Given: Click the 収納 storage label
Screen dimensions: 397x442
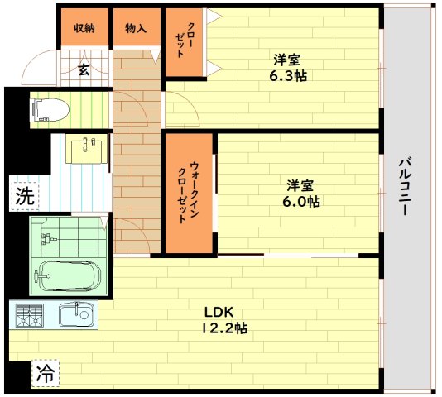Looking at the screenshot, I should [84, 28].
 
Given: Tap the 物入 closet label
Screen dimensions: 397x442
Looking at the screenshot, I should [136, 28].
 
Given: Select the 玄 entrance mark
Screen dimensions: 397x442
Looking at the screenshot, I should [84, 70].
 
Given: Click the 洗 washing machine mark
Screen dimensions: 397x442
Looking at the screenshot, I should [24, 197].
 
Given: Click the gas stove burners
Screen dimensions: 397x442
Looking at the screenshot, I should [30, 314].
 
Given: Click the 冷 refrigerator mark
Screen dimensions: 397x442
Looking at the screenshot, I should [46, 373].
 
